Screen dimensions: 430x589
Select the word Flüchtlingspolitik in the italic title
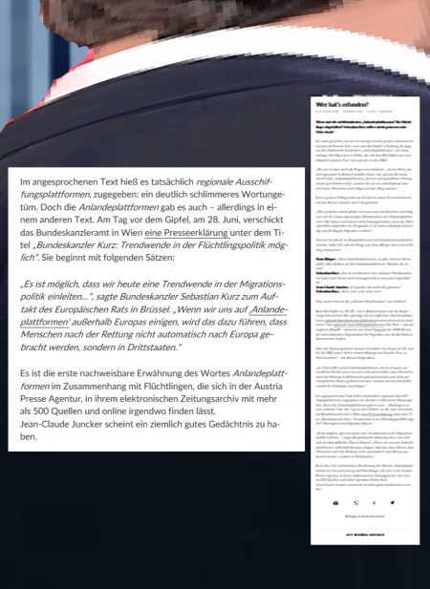pyautogui.click(x=222, y=242)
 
